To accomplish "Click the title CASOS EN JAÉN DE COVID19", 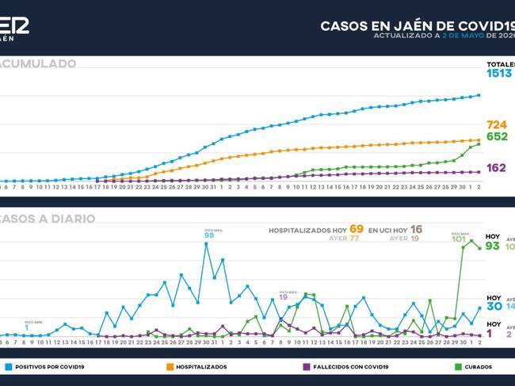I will point(417,25).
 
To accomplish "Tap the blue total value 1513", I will point(499,74).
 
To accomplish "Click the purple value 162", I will point(497,168).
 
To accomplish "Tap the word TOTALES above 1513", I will point(500,63).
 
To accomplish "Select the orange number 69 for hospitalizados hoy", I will point(357,229).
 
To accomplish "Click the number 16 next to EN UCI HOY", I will point(416,229).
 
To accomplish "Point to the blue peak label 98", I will point(209,235).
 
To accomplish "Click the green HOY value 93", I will point(493,247).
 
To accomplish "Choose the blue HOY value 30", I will point(494,306).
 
